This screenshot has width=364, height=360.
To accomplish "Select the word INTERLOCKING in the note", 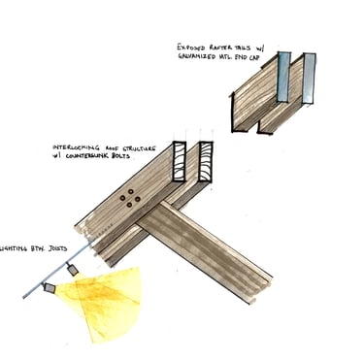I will click(77, 149).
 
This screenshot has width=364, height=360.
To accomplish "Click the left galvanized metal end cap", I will click(281, 77).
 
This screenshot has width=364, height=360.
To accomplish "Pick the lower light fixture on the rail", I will click(49, 287).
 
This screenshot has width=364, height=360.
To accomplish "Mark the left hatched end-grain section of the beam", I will click(180, 162).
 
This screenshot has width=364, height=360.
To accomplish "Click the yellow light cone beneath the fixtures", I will click(102, 301).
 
